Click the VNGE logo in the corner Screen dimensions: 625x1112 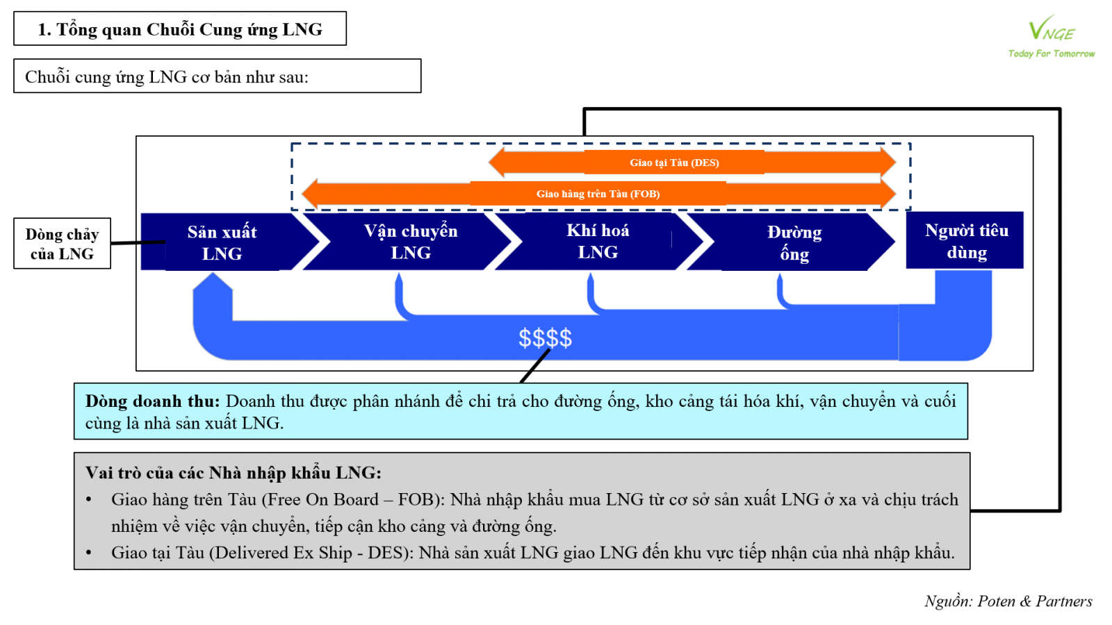[1051, 30]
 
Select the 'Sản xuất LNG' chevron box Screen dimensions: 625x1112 [222, 242]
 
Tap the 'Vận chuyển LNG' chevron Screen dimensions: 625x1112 [411, 242]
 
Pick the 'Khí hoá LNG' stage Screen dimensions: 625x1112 [598, 241]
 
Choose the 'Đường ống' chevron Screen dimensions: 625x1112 [794, 242]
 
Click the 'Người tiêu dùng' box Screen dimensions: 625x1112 [965, 241]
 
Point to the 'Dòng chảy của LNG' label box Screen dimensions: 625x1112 [62, 244]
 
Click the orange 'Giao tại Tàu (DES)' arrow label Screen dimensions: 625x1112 [674, 162]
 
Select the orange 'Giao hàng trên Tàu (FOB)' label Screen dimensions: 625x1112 [598, 194]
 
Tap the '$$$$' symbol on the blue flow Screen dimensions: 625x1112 [546, 338]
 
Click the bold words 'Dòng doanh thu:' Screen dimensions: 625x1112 [152, 401]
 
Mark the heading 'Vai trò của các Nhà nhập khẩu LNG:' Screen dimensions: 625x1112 [234, 473]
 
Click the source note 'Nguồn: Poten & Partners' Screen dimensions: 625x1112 [1008, 601]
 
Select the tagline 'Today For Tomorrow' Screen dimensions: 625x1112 [1051, 53]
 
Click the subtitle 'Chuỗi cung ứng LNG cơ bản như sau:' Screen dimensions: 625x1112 [167, 76]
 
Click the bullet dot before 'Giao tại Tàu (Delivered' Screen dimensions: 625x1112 [89, 553]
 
